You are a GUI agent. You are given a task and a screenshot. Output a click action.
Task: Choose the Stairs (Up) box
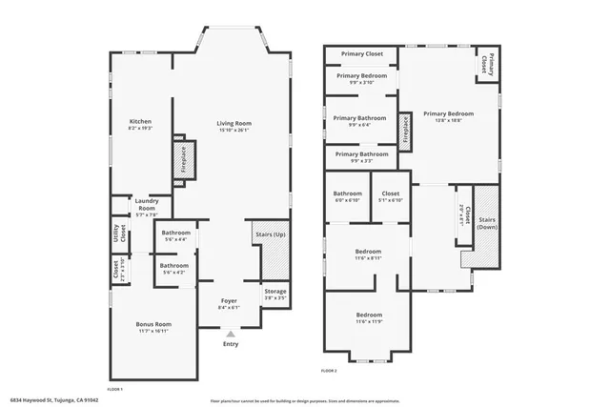(271, 251)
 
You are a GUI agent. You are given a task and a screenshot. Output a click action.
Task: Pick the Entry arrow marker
(230, 333)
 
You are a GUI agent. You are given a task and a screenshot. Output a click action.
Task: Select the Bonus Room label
(152, 327)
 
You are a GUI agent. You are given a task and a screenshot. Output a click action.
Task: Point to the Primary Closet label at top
(360, 54)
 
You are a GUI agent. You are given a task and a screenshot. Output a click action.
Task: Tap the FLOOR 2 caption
(329, 370)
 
